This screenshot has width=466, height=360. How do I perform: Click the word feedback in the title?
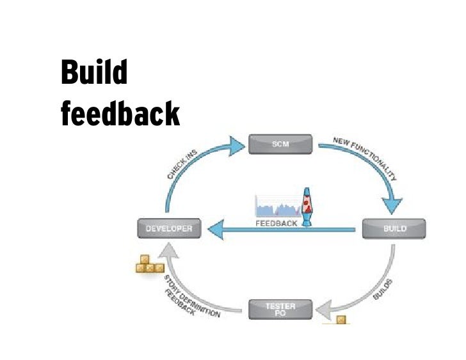[120, 114]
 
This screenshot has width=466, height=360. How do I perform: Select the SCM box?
[280, 144]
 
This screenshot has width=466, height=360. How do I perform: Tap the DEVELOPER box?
[169, 228]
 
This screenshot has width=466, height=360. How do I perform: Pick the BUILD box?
[394, 228]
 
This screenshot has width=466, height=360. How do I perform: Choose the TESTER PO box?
[280, 310]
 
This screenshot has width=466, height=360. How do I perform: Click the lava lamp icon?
[309, 205]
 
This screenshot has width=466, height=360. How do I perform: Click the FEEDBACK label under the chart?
[277, 224]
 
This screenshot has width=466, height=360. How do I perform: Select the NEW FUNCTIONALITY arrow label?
[365, 157]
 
